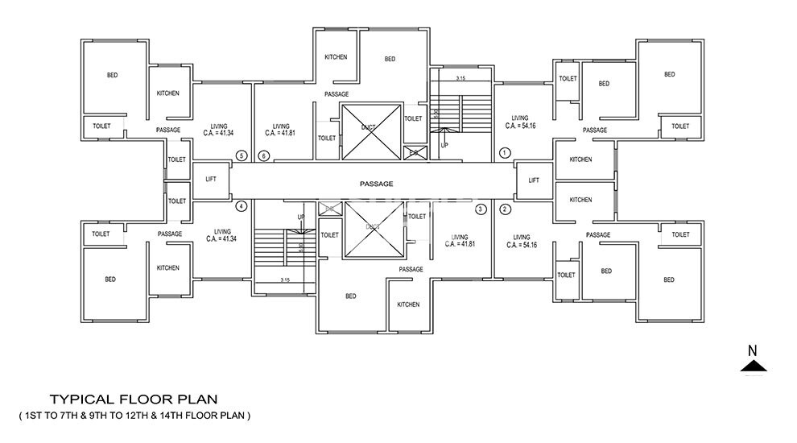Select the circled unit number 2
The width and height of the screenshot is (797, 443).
click(506, 209)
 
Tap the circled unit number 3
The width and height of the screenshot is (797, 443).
click(481, 209)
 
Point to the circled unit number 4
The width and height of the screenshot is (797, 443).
click(240, 206)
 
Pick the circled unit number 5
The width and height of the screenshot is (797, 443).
click(240, 155)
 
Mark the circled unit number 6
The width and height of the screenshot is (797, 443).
click(263, 155)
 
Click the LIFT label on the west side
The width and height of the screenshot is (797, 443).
click(210, 180)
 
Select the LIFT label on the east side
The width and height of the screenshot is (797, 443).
click(534, 180)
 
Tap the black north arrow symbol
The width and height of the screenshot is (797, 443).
click(754, 366)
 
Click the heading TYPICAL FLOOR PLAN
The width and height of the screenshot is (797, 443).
click(134, 399)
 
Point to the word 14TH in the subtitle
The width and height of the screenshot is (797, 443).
click(184, 416)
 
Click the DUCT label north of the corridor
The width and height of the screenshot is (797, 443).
click(369, 127)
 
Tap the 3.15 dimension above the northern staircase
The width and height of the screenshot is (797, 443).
click(460, 79)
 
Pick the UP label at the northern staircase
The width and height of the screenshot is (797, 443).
click(444, 145)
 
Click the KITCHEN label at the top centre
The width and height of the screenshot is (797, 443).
click(336, 57)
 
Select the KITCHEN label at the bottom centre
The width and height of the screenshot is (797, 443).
click(408, 304)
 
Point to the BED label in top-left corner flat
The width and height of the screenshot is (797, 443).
click(113, 76)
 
